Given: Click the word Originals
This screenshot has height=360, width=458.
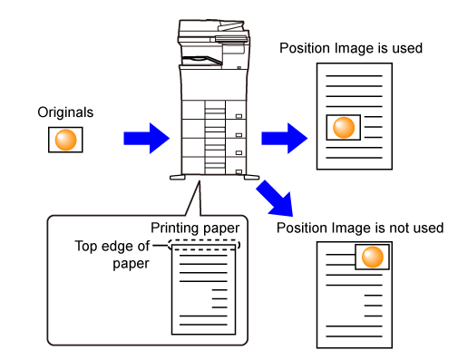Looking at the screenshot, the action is coord(65,112).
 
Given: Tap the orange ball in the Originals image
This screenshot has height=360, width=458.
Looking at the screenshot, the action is coord(65,140).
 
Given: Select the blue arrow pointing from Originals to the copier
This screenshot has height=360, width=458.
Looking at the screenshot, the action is coord(146,138).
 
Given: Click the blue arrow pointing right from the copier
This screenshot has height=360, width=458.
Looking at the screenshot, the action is coord(284,138).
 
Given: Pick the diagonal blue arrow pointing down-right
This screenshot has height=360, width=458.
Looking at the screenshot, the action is coord(275,199).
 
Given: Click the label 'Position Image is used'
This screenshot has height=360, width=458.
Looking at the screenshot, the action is coord(351,48).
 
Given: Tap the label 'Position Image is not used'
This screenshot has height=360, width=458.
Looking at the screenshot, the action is coord(360,228).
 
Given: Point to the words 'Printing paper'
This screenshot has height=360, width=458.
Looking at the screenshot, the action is coord(195,229).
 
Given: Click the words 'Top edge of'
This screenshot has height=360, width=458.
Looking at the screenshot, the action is coord(112,246).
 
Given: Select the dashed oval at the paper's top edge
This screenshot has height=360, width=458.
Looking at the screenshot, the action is coord(204,240).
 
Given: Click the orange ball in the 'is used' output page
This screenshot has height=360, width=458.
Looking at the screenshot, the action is coord(344,127).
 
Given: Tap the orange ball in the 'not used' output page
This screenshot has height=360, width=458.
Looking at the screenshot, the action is coord(372,257).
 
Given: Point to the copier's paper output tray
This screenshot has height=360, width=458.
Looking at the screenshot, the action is coord(202,60).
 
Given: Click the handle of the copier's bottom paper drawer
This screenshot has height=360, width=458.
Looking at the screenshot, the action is coord(239,171).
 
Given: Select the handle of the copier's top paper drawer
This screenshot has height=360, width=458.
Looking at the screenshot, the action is coord(239,116).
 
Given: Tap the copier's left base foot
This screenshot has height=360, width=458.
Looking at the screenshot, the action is coord(178,177).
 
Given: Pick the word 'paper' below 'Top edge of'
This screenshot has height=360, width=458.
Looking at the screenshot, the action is coord(131,264).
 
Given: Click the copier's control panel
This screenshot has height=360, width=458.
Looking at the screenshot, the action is coord(231,39).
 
